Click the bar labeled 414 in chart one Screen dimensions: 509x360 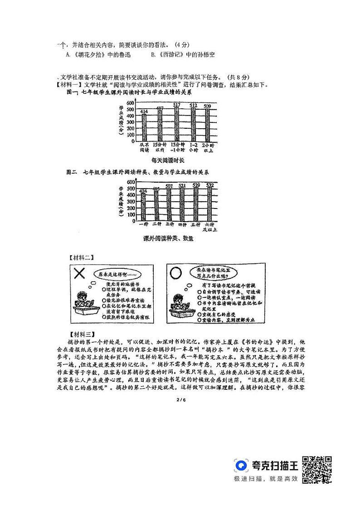[x=144, y=127]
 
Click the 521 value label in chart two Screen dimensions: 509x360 [x=182, y=185]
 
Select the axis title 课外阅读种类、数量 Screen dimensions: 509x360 [x=168, y=238]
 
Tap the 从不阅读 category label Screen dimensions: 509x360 [x=145, y=147]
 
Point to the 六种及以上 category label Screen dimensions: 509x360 [x=210, y=227]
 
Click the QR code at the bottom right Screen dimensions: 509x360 [x=317, y=469]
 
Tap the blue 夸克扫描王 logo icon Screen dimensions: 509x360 [x=242, y=465]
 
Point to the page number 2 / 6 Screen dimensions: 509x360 [x=180, y=399]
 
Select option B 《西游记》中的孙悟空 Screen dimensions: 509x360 [x=182, y=55]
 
